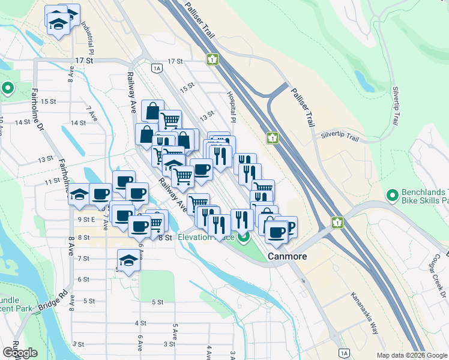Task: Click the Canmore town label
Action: [287, 256]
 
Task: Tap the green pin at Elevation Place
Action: [243, 238]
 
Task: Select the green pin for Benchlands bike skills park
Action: [393, 195]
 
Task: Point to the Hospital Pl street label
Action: [231, 105]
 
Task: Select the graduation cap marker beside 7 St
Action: [127, 260]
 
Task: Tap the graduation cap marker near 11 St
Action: [79, 194]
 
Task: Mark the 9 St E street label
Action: [87, 219]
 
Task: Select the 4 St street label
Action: [140, 323]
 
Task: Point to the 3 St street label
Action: [78, 344]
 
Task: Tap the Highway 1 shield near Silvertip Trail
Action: [273, 138]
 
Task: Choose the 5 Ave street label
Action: [175, 331]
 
